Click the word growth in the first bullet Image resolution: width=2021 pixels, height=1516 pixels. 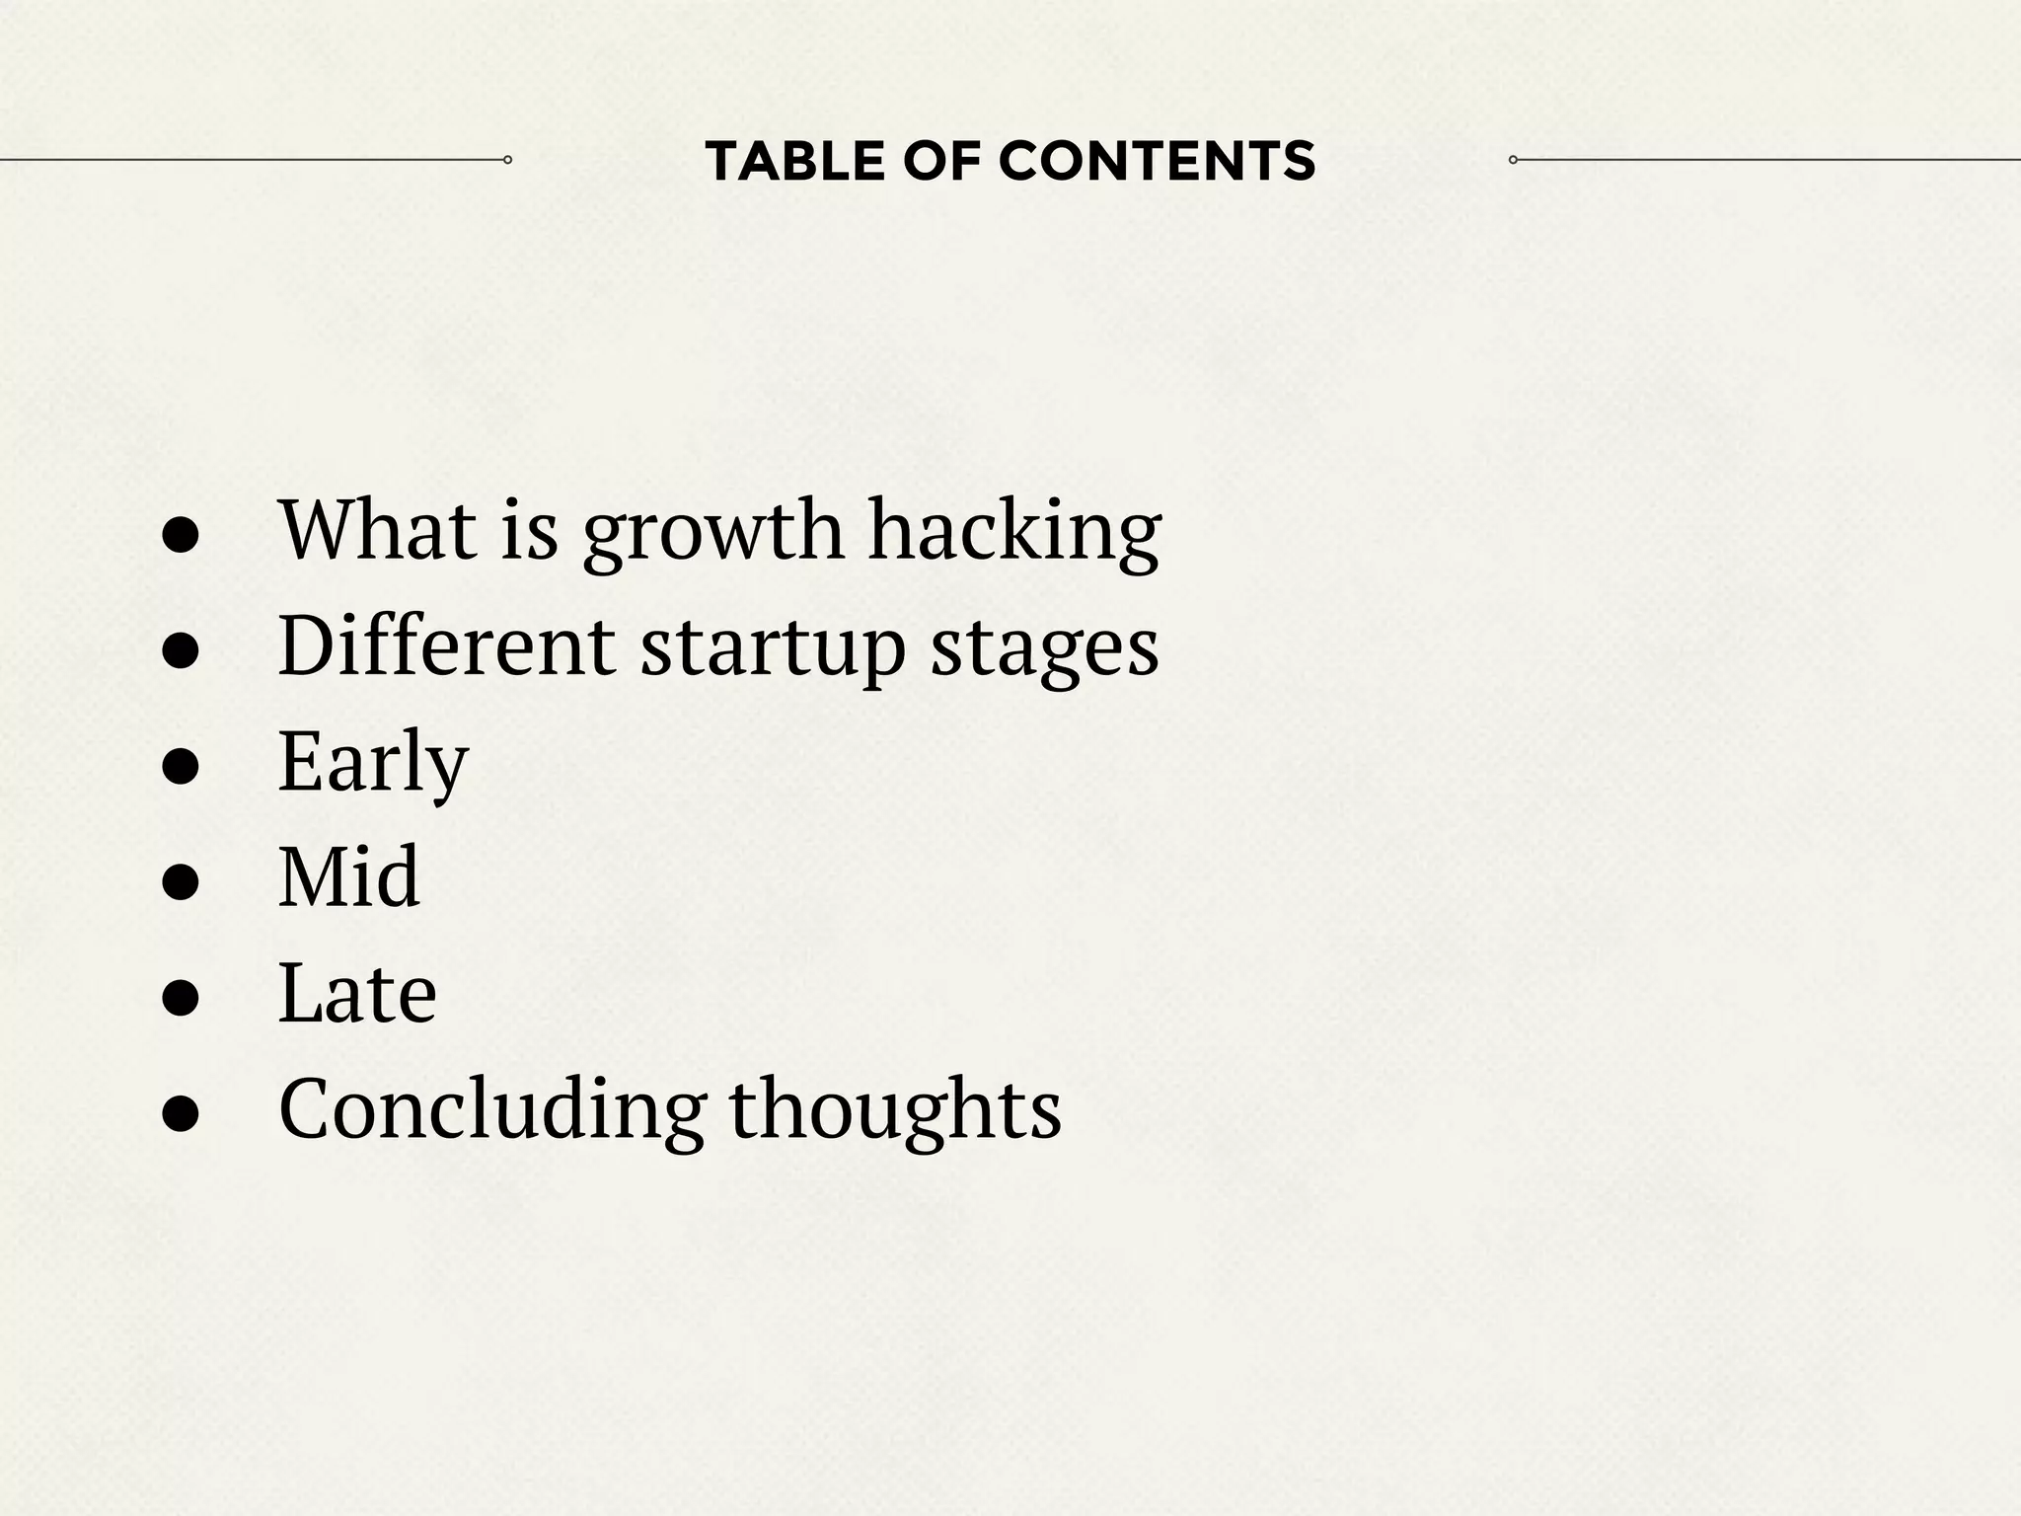[x=712, y=533]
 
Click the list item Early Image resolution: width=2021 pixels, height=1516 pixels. [x=373, y=763]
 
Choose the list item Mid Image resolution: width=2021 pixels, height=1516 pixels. [x=349, y=876]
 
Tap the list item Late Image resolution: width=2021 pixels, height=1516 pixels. [x=357, y=993]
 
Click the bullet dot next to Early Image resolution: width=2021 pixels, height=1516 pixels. [x=182, y=767]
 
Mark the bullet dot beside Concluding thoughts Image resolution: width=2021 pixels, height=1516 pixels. [x=182, y=1114]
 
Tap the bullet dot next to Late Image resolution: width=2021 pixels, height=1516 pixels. [x=182, y=999]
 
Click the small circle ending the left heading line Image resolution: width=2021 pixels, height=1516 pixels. [x=507, y=160]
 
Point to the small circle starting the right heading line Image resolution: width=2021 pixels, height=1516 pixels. [x=1513, y=160]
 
